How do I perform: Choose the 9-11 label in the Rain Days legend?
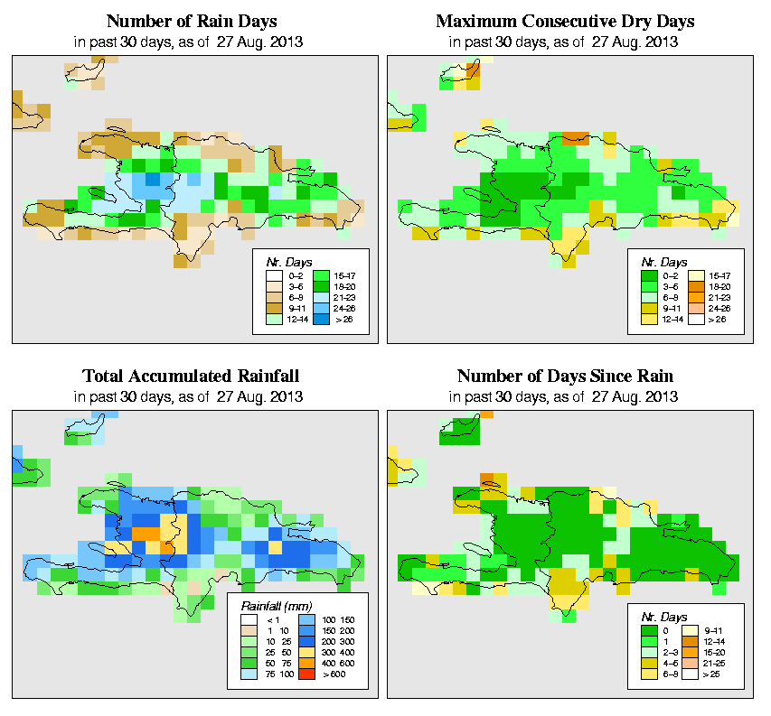(x=294, y=308)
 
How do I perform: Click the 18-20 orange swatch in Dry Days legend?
(x=697, y=285)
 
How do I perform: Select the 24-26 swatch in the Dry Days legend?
(x=697, y=308)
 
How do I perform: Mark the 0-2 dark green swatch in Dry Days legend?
(x=647, y=274)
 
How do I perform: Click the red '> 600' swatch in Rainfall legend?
(x=304, y=674)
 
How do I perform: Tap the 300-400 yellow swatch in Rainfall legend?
(x=304, y=650)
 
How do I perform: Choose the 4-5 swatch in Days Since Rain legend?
(x=647, y=663)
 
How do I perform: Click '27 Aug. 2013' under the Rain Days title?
(x=260, y=42)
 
